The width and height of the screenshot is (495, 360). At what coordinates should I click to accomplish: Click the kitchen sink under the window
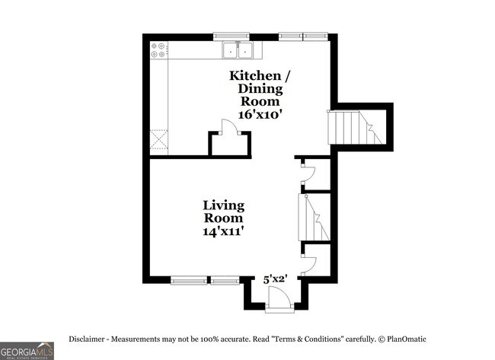coord(238,50)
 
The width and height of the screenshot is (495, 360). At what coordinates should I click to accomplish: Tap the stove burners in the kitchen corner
coord(159,50)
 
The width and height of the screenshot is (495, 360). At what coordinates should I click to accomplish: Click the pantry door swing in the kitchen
coord(227,128)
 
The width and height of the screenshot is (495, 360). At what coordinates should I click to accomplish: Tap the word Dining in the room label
coord(260,88)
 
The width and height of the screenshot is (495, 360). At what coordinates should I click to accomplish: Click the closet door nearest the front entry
coord(309,264)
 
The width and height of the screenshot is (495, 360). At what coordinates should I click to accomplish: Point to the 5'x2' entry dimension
coord(274,279)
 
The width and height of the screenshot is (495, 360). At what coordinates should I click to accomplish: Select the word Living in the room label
coord(223,205)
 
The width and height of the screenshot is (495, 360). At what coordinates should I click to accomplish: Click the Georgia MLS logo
coord(27,350)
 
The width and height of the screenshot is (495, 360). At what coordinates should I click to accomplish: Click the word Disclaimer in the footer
coord(89,338)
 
